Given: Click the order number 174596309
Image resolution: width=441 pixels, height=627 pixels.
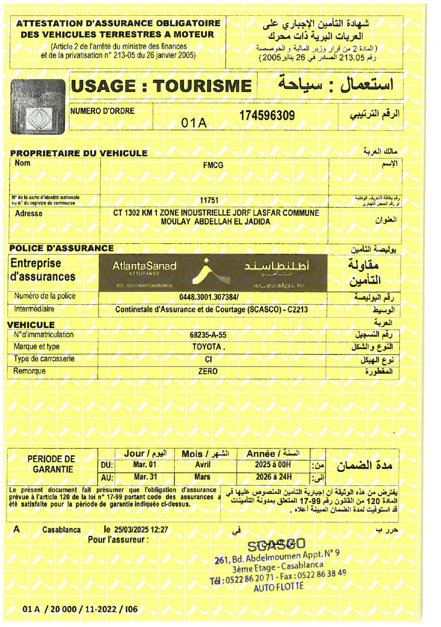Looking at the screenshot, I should point(267,116).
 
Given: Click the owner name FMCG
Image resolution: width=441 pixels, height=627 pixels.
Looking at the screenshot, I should point(213,165).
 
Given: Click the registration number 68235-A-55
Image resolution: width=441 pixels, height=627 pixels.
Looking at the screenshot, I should point(208,335).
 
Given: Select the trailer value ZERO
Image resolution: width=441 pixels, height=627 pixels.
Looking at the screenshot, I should point(208,371).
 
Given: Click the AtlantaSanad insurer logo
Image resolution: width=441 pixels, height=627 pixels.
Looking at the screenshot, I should point(215,273).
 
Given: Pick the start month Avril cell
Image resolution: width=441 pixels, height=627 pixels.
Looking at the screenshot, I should point(206,465).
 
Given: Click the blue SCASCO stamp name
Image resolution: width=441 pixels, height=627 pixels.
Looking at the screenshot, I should point(277,545).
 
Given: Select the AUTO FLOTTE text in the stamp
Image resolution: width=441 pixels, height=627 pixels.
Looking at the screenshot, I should point(278,587).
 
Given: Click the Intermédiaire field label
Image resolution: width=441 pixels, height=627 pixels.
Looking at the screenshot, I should point(34,308).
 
